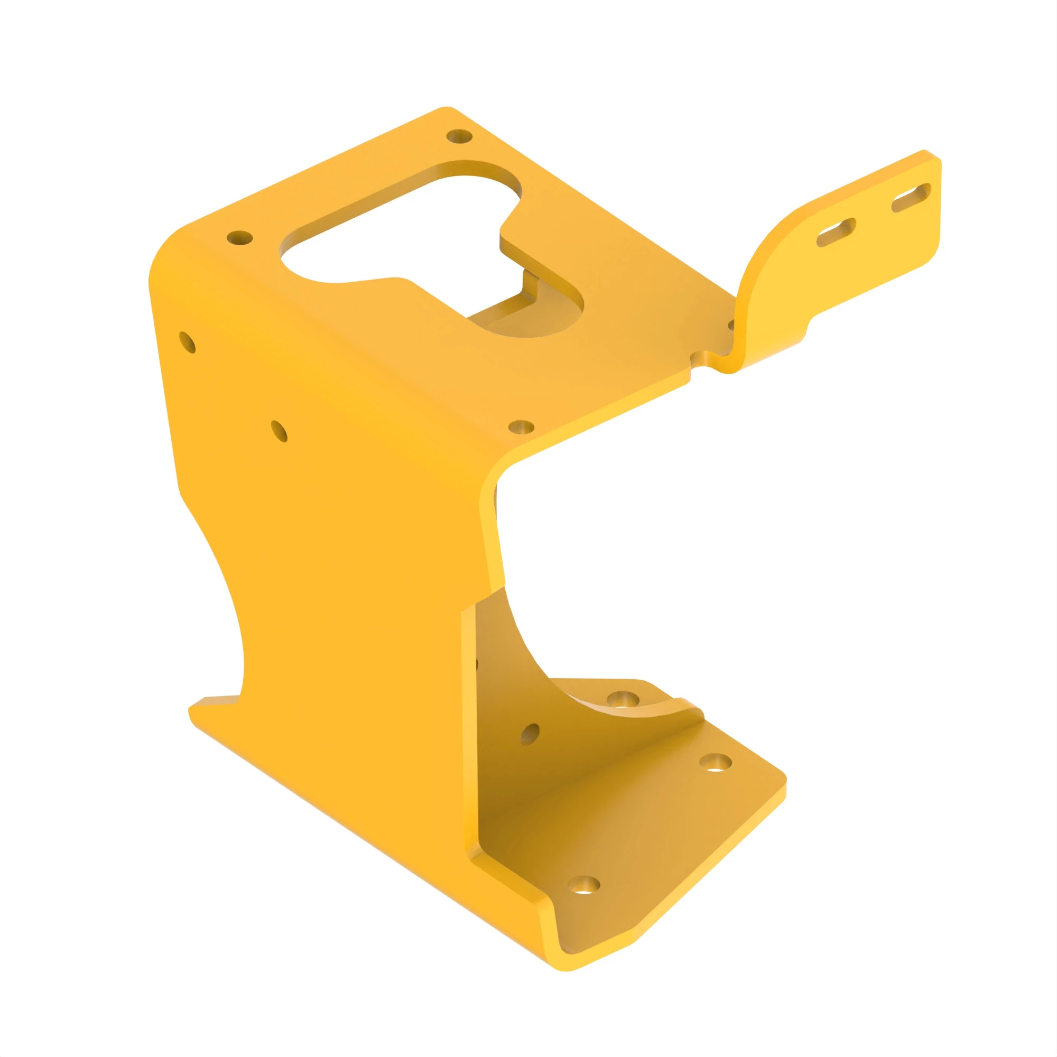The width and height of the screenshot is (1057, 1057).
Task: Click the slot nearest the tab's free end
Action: pos(911,198)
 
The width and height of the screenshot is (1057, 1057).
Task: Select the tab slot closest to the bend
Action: pos(836,233)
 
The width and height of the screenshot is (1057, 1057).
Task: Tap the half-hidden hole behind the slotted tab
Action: pos(731,325)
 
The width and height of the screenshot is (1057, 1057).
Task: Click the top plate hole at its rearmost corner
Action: pos(460,136)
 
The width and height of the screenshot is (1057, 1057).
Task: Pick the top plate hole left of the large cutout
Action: pos(239,238)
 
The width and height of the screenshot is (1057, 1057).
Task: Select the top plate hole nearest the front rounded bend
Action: pos(521,426)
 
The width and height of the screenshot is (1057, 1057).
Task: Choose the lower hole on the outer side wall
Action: pos(279,431)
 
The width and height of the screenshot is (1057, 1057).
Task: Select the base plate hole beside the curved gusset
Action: pos(623,699)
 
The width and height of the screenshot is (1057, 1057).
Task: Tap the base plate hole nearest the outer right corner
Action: pos(716,762)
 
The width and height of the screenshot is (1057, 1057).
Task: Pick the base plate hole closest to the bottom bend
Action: pos(584,885)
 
